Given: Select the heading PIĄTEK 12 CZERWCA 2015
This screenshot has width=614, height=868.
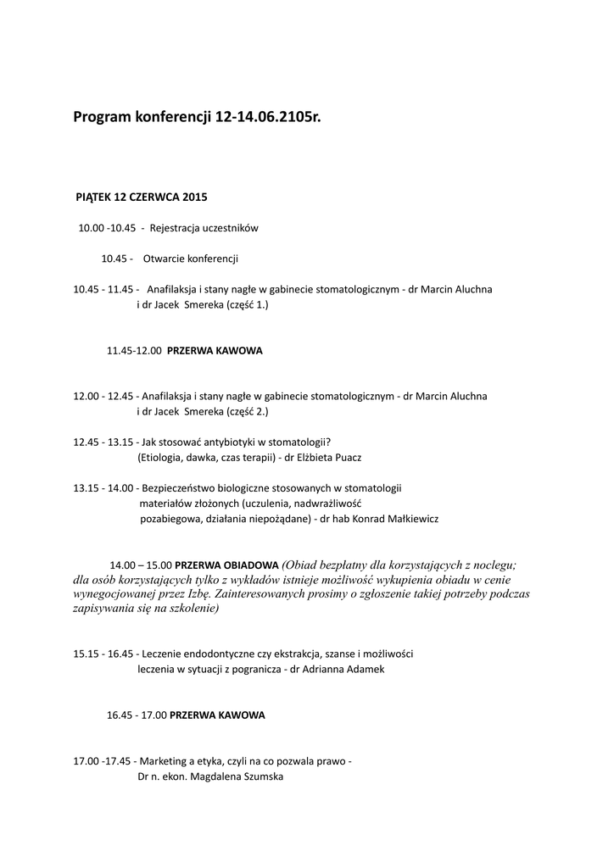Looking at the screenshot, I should (142, 197).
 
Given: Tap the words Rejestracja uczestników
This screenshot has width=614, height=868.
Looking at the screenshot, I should (204, 228).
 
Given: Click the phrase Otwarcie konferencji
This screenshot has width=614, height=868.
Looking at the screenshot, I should (191, 259).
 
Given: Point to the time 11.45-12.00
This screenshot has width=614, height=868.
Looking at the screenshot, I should (134, 350).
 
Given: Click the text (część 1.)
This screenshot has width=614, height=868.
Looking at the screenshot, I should (247, 304).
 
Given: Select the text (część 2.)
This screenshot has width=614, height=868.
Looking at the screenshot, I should (247, 411).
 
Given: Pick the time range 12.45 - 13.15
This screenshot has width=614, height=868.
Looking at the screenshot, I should (103, 442).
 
